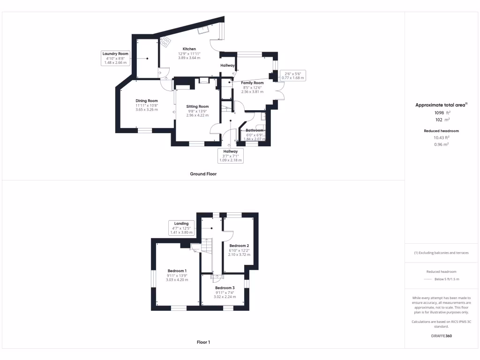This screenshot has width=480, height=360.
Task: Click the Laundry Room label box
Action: click(115, 58)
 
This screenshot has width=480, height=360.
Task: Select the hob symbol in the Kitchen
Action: click(166, 42)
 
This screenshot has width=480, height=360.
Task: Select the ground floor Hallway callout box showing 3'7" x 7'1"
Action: click(230, 156)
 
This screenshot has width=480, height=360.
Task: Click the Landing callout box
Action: click(181, 228)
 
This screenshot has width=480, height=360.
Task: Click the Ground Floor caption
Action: click(203, 174)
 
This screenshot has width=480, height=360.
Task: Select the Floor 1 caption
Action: click(203, 342)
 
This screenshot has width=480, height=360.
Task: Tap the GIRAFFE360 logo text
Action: click(442, 336)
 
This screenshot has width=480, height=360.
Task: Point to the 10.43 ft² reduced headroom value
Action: click(442, 137)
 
